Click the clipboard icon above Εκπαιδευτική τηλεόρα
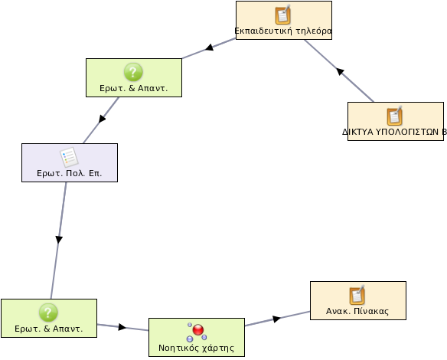(x=282, y=15)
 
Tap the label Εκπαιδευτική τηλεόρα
(x=283, y=31)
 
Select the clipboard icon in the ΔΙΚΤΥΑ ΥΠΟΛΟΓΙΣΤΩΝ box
(x=394, y=116)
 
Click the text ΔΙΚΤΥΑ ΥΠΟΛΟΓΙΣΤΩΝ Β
(x=394, y=132)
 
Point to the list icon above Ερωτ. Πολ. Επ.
(x=69, y=157)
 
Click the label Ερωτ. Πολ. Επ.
(x=70, y=173)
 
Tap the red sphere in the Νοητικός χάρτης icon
(x=198, y=330)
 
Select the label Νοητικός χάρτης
(x=197, y=348)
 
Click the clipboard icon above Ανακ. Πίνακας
(x=357, y=295)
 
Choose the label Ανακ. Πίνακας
(x=357, y=311)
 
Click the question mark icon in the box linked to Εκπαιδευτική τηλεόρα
(x=133, y=72)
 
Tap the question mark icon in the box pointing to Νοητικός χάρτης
(x=48, y=313)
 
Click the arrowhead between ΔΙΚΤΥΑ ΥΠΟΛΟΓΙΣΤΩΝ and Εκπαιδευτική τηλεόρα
(x=340, y=71)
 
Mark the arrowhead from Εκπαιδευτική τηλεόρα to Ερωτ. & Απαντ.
(x=209, y=47)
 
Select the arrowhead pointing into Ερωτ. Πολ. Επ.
(x=102, y=119)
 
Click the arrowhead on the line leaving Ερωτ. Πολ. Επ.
(x=59, y=240)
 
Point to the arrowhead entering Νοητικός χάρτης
(x=122, y=327)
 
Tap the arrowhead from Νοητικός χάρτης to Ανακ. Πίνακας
(x=276, y=319)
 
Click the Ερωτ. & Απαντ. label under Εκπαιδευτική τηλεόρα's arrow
(x=134, y=88)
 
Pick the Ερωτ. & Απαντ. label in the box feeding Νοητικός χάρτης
(x=49, y=329)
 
